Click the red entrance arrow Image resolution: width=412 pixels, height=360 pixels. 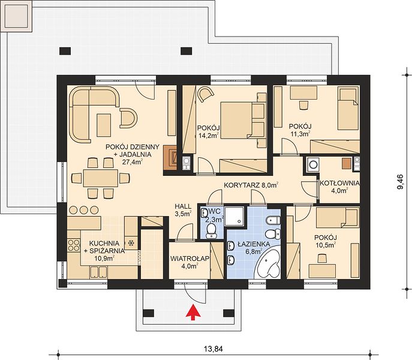point(193,312)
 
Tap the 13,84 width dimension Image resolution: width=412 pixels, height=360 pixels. point(213,349)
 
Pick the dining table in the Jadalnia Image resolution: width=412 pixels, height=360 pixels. point(100,178)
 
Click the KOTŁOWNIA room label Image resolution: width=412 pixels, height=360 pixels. point(339,183)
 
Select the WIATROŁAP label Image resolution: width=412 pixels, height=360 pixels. point(190,259)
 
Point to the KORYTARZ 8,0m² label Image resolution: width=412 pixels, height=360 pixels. point(251,185)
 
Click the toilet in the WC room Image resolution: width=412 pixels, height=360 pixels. point(210,230)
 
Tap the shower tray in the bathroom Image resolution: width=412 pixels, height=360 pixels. point(234,216)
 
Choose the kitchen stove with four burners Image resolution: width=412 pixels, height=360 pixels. point(74,245)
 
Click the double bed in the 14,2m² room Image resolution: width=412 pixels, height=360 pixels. point(242,120)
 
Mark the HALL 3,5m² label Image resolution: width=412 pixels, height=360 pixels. point(183,210)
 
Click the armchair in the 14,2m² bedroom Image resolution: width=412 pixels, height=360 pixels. point(206,94)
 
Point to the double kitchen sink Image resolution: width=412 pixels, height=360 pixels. point(98,272)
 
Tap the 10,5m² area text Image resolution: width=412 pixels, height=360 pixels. point(326,245)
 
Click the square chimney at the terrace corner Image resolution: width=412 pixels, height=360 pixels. point(16,16)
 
